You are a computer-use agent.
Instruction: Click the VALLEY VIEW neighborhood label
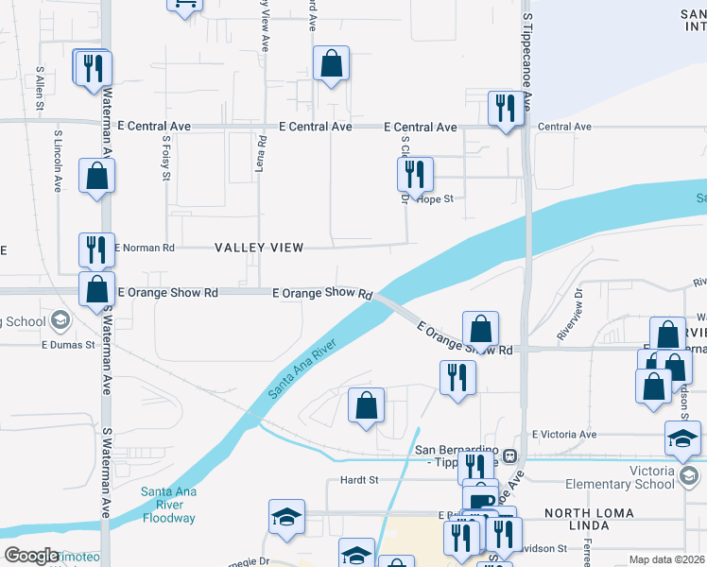tap(259, 248)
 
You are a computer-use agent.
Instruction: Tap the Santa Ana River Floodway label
tap(168, 505)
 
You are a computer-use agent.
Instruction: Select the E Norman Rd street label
tap(145, 248)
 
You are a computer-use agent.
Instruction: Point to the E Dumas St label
tap(67, 345)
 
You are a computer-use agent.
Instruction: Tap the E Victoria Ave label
tap(564, 435)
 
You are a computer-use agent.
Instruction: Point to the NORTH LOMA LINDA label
tap(594, 512)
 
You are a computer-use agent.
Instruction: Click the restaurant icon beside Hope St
tap(415, 174)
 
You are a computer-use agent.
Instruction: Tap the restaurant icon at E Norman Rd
tap(96, 249)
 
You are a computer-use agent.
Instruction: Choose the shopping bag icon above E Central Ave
tap(332, 63)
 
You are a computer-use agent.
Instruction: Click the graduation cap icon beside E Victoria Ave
tap(682, 439)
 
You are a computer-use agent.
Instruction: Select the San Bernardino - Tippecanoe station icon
tap(509, 455)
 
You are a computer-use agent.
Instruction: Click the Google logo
tap(31, 556)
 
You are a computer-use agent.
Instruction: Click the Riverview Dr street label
tap(572, 320)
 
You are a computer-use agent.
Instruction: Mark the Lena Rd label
tap(262, 154)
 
